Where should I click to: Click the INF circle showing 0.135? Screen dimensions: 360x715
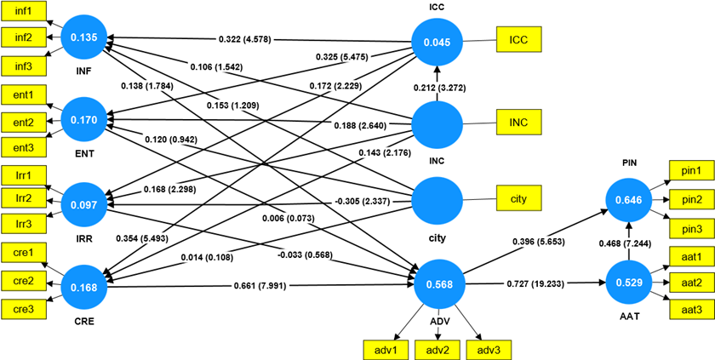(88, 38)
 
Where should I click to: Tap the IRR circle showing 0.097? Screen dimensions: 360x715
(88, 205)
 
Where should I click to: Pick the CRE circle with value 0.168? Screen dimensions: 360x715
(88, 287)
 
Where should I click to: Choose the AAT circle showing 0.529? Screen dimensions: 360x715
(627, 282)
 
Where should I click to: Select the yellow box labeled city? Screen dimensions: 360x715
(518, 198)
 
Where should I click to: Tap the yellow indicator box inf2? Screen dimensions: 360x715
(24, 37)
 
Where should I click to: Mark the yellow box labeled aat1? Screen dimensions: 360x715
(691, 255)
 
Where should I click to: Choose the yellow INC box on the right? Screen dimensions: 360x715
(518, 123)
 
